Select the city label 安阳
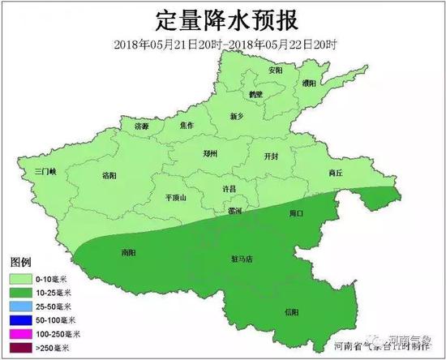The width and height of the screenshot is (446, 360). pos(276,71)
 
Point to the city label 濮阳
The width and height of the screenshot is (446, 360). pos(309,83)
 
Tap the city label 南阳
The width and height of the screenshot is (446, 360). pos(127,252)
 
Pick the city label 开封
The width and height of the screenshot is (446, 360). pos(272,155)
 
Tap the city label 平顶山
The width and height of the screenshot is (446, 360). pos(175,197)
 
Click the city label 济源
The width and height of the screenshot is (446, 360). pos(142,127)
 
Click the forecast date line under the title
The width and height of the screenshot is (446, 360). pos(222,42)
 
